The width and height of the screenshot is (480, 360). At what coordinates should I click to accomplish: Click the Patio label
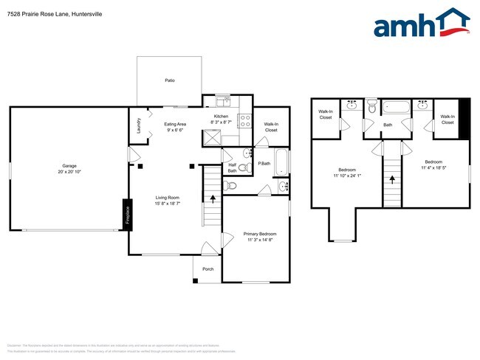[169, 80]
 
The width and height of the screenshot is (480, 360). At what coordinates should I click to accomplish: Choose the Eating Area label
[175, 124]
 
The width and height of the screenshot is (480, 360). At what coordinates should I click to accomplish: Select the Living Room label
[168, 197]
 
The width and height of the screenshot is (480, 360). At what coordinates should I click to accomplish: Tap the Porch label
[208, 269]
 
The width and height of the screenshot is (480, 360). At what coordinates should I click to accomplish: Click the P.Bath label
[264, 162]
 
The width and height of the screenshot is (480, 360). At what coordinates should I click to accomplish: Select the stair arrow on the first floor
[214, 198]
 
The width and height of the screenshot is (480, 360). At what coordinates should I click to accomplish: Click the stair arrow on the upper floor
[391, 179]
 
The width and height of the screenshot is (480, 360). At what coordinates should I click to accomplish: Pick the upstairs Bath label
[387, 125]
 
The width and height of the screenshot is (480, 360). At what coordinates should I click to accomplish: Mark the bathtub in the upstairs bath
[396, 108]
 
